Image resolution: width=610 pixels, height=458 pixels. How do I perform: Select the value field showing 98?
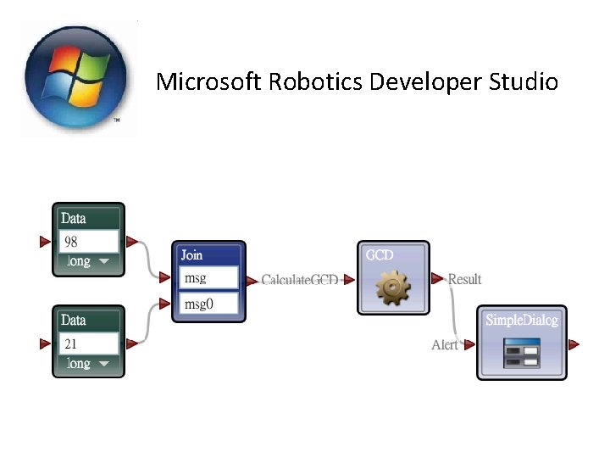click(88, 242)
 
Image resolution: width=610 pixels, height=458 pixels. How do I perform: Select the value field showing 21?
click(88, 343)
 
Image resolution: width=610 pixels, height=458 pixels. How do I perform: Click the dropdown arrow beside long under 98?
click(103, 262)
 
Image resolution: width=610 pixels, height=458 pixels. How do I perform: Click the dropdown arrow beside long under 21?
click(103, 364)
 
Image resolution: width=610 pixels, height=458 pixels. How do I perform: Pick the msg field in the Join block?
click(208, 277)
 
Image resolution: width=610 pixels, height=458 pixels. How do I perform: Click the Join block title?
click(192, 254)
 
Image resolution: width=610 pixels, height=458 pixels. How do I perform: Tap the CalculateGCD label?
click(299, 280)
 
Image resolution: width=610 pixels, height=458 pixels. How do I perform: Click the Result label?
click(464, 279)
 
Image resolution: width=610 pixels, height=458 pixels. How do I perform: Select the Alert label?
click(444, 344)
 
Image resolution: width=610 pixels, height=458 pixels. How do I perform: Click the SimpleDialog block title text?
click(522, 321)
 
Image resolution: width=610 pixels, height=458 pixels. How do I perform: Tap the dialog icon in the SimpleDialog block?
click(521, 353)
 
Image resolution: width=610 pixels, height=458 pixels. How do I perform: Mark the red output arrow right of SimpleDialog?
click(574, 344)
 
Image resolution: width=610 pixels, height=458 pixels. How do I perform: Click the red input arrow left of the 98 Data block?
click(45, 243)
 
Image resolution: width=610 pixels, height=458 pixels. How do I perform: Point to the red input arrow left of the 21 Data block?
click(45, 344)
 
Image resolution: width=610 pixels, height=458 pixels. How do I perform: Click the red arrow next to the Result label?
click(437, 278)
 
